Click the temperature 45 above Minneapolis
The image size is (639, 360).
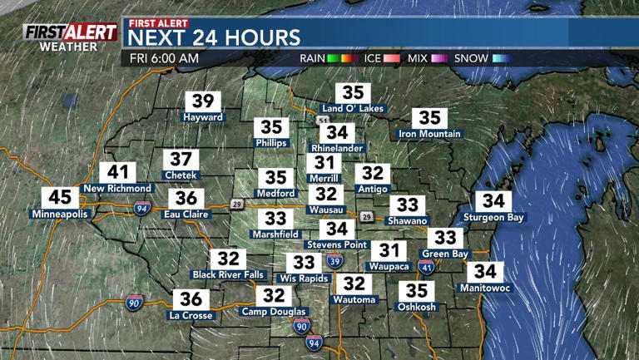click(x=61, y=198)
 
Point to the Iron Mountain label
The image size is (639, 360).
click(x=429, y=134)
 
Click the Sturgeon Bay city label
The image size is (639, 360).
click(x=494, y=217)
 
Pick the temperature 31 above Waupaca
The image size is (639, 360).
click(x=388, y=250)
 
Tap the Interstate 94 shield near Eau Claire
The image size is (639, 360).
click(x=142, y=209)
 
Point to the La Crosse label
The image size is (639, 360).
click(x=191, y=315)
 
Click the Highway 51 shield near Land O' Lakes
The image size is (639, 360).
click(x=322, y=121)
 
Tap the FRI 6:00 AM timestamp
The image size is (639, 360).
click(x=165, y=58)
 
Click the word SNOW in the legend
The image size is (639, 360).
click(x=471, y=58)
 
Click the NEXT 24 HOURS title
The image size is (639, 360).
click(x=214, y=37)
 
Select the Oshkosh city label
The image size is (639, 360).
click(x=417, y=307)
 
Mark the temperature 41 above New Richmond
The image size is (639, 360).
click(x=117, y=173)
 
